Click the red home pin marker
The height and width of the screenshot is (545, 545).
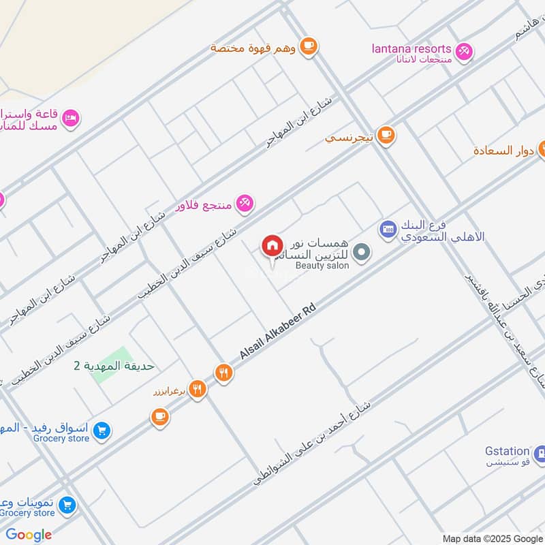pyautogui.click(x=272, y=246)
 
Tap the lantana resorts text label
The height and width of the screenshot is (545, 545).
pyautogui.click(x=411, y=49)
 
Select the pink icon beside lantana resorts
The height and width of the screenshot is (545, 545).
pyautogui.click(x=465, y=50)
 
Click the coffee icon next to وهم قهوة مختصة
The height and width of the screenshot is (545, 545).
pyautogui.click(x=309, y=46)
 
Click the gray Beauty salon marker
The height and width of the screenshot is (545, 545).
pyautogui.click(x=362, y=253)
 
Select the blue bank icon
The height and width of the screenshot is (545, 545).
pyautogui.click(x=388, y=230)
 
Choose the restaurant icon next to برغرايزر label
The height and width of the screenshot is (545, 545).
pyautogui.click(x=198, y=389)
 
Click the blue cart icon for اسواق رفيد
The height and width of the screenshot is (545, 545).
pyautogui.click(x=102, y=431)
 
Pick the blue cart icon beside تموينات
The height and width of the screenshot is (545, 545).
pyautogui.click(x=66, y=505)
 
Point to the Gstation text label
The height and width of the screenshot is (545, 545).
pyautogui.click(x=508, y=451)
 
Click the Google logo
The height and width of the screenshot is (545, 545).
pyautogui.click(x=29, y=534)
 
